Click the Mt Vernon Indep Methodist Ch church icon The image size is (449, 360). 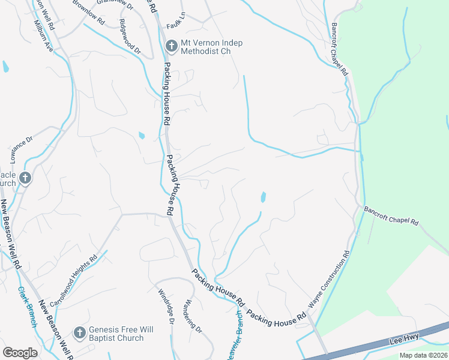171,44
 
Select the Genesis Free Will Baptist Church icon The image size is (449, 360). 79,332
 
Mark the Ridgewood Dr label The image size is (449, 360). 130,35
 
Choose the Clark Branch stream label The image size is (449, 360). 28,306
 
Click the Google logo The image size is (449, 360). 20,353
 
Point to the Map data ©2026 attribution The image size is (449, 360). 423,355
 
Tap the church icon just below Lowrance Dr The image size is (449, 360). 25,178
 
